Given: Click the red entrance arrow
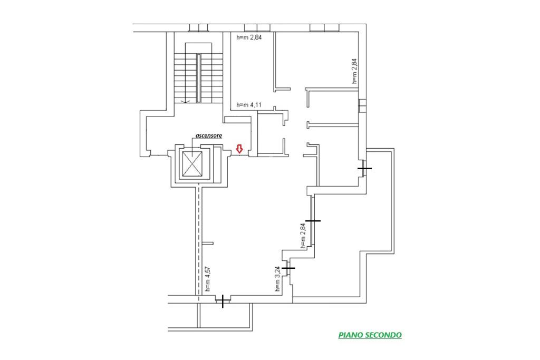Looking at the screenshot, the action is [x=239, y=149].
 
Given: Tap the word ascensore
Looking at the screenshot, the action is [x=209, y=135].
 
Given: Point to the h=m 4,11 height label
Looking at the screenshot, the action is [x=249, y=105].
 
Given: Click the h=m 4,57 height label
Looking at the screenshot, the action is [x=208, y=278].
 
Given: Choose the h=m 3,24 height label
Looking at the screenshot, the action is [x=277, y=279].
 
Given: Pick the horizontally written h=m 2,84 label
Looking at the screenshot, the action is [x=249, y=37].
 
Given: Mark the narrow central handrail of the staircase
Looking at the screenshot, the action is [x=198, y=78].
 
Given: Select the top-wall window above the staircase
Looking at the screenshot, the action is [x=199, y=28].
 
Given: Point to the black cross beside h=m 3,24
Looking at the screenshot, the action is [x=288, y=268].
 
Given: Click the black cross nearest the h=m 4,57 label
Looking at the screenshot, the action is [x=223, y=301].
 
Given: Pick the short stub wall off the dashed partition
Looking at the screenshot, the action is [x=207, y=244].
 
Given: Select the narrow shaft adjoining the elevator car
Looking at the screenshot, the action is [x=217, y=164].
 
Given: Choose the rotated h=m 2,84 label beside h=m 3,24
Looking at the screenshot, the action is [x=303, y=236].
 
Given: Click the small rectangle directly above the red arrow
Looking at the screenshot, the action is [x=237, y=120].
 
